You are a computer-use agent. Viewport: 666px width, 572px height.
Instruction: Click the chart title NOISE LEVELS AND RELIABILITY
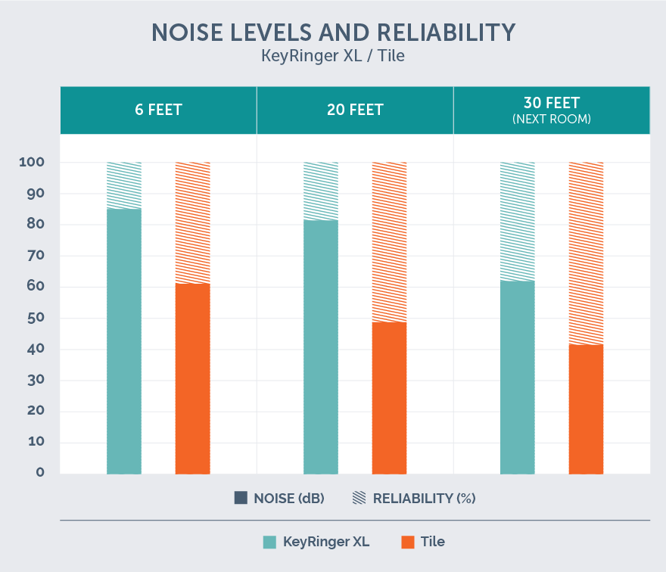[x=333, y=33]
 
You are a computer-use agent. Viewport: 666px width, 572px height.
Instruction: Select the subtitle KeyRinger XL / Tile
[x=333, y=57]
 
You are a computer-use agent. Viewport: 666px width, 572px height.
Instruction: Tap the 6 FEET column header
[x=158, y=110]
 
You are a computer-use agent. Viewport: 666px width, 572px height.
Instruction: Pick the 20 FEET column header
[x=355, y=110]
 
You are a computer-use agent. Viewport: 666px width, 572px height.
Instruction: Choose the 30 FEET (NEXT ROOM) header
[x=552, y=110]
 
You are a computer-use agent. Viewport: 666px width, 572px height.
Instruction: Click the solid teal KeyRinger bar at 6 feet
[x=124, y=340]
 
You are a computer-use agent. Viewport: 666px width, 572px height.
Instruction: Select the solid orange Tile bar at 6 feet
[x=192, y=378]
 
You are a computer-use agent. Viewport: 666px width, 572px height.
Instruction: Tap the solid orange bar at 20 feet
[x=389, y=398]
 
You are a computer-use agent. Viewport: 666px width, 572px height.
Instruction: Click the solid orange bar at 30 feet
[x=586, y=409]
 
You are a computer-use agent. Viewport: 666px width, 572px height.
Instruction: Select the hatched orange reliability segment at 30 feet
[x=586, y=253]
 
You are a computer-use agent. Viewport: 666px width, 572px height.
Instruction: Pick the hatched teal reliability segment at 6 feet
[x=124, y=185]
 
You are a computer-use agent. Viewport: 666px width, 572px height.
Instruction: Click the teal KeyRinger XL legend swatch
[x=269, y=542]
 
